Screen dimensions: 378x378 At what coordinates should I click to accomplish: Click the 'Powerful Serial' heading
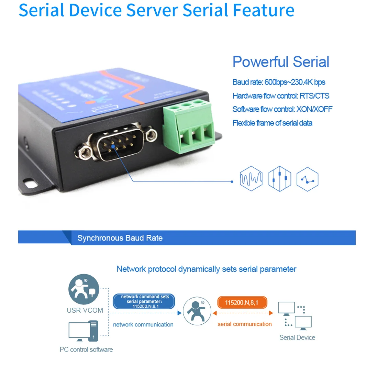pos(281,62)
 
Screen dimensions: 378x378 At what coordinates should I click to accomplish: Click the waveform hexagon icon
pos(251,179)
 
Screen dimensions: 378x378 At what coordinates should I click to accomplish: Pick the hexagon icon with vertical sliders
pos(279,179)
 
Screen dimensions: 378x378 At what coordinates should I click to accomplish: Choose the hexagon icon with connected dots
pos(307,179)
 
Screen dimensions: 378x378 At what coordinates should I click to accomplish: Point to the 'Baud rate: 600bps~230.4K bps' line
pos(279,82)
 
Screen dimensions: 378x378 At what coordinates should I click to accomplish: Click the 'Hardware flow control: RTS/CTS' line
pos(281,96)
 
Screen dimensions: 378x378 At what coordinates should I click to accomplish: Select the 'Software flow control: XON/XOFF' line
pos(282,109)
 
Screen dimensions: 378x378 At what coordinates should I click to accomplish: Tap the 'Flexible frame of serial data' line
pos(272,123)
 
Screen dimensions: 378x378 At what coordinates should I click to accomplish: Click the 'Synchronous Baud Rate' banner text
pos(120,238)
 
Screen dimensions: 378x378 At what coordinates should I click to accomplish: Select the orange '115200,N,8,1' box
pos(242,303)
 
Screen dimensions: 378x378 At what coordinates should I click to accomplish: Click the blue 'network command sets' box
pos(144,301)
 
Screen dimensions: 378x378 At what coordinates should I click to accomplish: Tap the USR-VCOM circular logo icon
pos(84,289)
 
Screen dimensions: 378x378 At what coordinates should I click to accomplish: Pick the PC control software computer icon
pos(83,331)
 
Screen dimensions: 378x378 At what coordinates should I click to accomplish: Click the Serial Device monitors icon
pos(295,316)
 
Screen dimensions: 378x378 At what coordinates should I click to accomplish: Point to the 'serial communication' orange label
pos(244,324)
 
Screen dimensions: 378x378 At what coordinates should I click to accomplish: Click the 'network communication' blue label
pos(143,325)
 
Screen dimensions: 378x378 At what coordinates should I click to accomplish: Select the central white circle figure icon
pos(197,311)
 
